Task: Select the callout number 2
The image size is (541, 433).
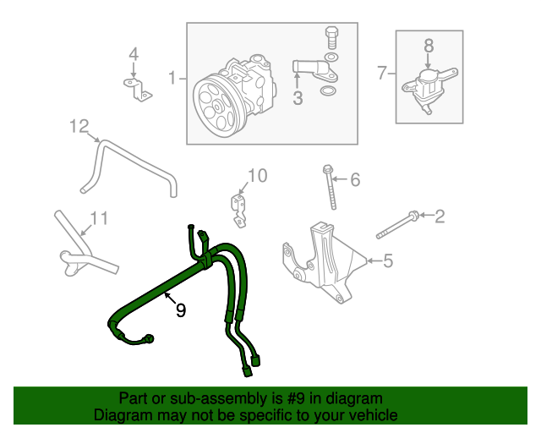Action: point(439,216)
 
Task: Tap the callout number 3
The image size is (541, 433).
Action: point(298,99)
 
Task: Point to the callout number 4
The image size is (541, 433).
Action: point(133,55)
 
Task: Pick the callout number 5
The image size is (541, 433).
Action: point(388,261)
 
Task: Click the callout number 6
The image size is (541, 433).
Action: point(354,179)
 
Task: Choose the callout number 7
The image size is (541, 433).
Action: point(381,74)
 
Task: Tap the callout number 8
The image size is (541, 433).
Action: point(428,45)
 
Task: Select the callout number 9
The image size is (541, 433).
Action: point(180,310)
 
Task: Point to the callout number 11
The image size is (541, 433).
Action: point(99,219)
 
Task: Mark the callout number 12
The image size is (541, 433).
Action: point(79,127)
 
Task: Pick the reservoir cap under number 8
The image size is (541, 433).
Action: point(430,74)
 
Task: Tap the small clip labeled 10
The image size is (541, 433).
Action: point(238,210)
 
